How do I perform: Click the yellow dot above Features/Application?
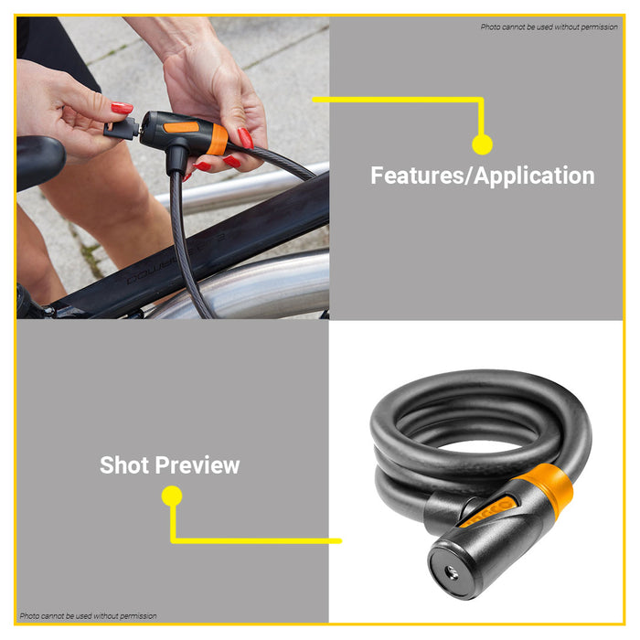tap(482, 144)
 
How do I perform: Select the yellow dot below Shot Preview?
tap(172, 496)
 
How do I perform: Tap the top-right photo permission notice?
tap(549, 27)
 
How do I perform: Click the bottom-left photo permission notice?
tap(89, 615)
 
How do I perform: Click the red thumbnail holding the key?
tap(122, 108)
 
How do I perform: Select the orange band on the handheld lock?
tap(218, 139)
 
